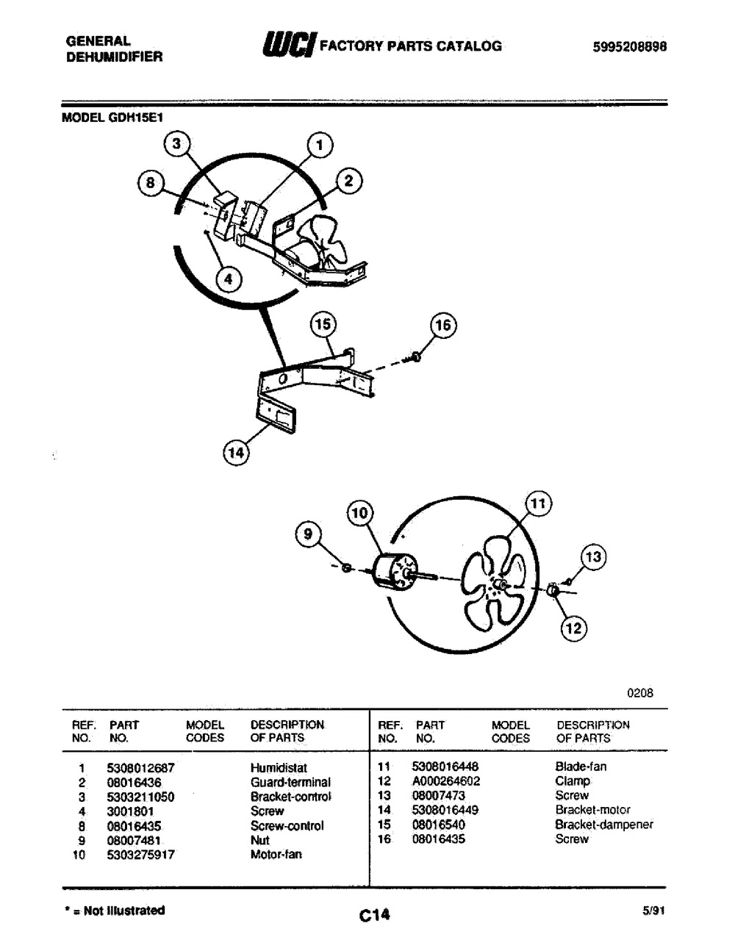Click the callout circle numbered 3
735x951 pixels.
(176, 144)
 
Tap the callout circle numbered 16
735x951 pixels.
(442, 326)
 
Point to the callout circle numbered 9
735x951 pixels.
(308, 534)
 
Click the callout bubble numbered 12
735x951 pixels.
(574, 627)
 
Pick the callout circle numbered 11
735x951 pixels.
(538, 503)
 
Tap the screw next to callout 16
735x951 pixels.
(415, 357)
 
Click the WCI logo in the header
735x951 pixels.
(284, 45)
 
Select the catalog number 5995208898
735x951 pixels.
(630, 46)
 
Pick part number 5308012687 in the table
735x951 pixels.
(140, 768)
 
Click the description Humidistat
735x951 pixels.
(279, 768)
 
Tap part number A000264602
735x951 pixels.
(445, 781)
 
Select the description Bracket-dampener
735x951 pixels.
(603, 825)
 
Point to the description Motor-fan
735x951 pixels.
(276, 854)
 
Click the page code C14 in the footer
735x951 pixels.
(374, 915)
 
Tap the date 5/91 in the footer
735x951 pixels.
(653, 911)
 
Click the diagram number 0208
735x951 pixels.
(639, 692)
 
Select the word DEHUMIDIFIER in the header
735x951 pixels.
(115, 57)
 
